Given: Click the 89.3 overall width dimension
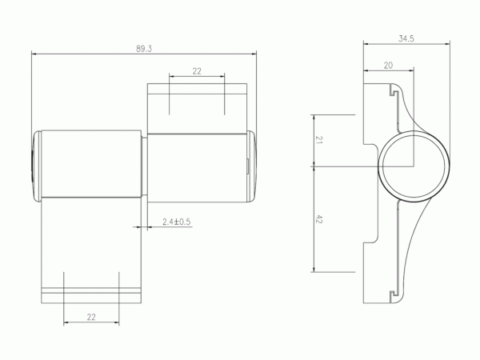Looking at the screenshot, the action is (x=144, y=49).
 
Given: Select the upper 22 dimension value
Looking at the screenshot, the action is (x=197, y=71).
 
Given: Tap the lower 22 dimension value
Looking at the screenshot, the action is (x=91, y=317).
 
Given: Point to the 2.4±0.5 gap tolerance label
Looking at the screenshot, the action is (x=176, y=222).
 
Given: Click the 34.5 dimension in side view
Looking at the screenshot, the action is (x=406, y=38).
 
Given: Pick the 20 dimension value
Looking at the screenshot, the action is (x=388, y=66).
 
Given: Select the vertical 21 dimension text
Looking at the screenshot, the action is (x=318, y=140).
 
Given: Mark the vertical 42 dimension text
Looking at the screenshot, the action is (x=318, y=219).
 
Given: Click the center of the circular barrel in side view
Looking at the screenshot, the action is (x=414, y=166).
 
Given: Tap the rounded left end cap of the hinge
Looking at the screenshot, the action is (x=37, y=166).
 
